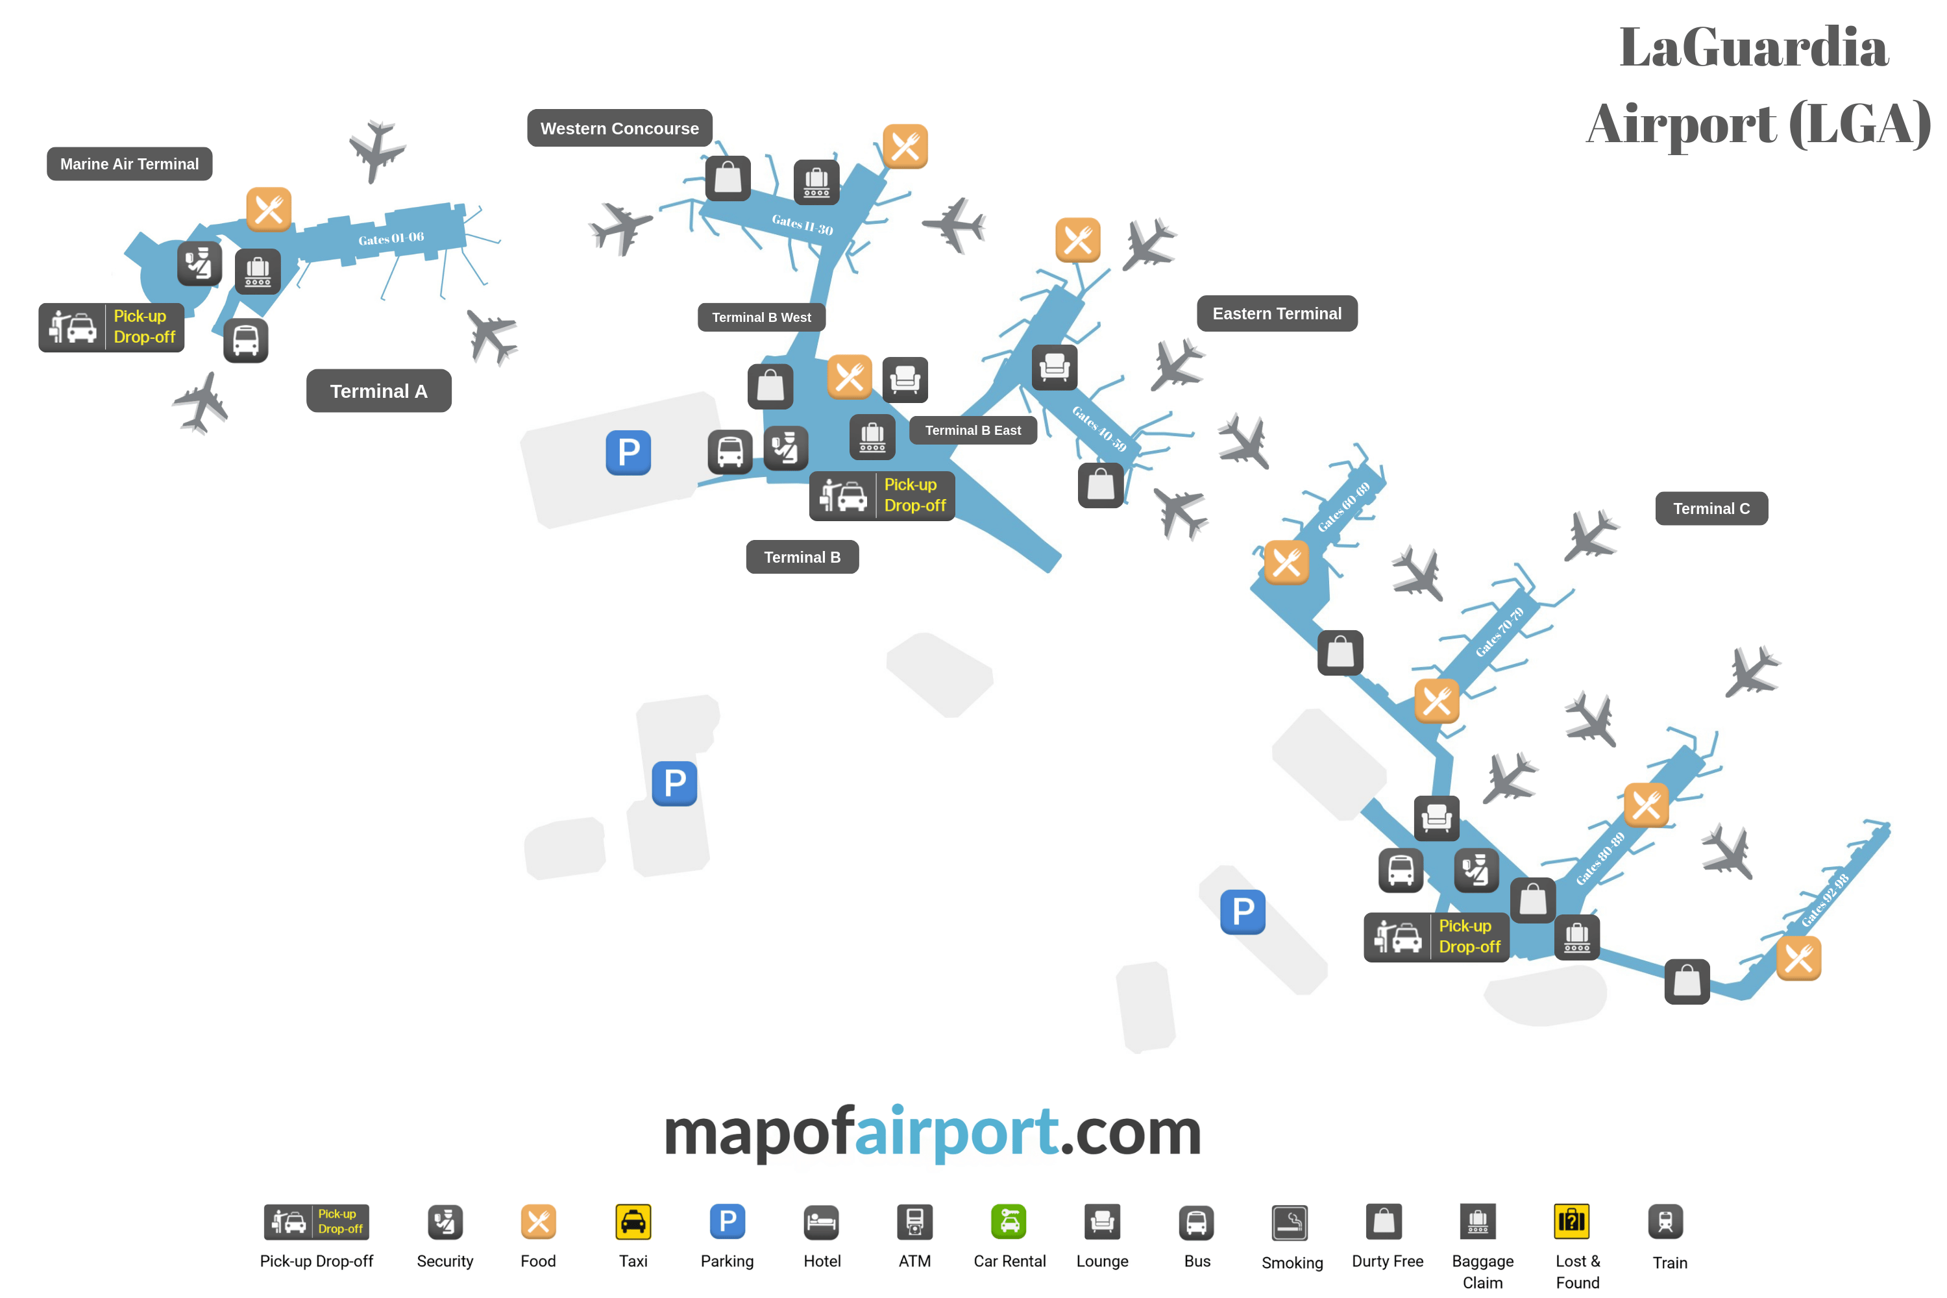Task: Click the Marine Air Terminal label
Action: [x=129, y=164]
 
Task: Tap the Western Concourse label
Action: [x=619, y=129]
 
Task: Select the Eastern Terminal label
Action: [x=1277, y=313]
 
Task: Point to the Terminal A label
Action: [x=378, y=391]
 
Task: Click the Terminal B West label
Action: [x=761, y=317]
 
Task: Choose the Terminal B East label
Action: [x=973, y=430]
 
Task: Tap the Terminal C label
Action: [x=1711, y=508]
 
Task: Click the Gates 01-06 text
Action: [x=391, y=238]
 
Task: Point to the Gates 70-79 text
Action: [x=1499, y=631]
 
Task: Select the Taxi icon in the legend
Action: [x=633, y=1222]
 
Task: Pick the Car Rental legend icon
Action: [x=1009, y=1222]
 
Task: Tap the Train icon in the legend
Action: [x=1665, y=1222]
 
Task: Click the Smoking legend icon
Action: [x=1290, y=1223]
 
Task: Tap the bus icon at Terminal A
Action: [x=246, y=340]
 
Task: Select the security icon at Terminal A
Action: [x=199, y=264]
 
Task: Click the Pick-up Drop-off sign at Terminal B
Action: [x=881, y=495]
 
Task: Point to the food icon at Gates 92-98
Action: [x=1798, y=959]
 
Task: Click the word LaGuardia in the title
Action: [x=1754, y=47]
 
